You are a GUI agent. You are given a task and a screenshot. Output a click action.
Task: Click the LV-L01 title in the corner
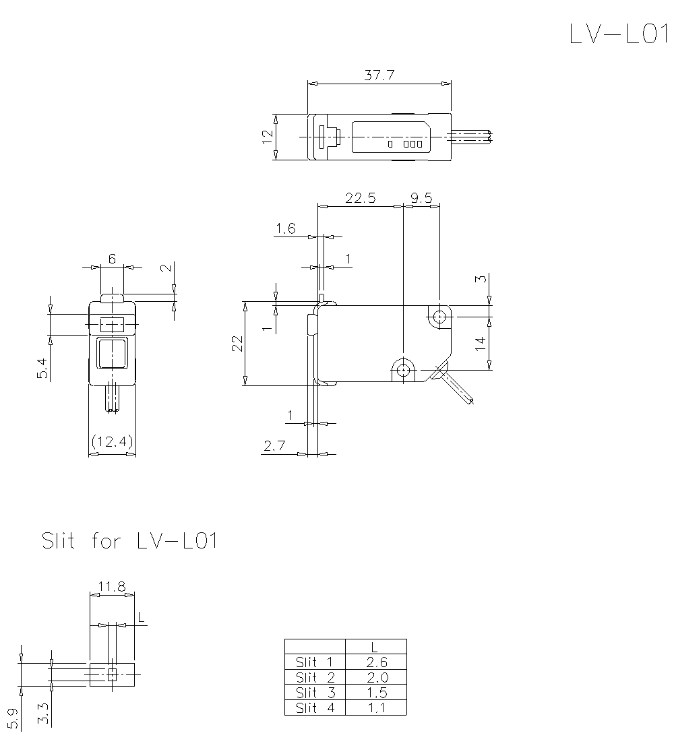pos(617,34)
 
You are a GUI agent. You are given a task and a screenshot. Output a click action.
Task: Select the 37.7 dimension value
pos(379,75)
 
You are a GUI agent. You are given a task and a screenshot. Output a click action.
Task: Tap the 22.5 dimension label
pos(360,197)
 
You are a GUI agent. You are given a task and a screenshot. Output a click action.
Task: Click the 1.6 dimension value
pos(285,229)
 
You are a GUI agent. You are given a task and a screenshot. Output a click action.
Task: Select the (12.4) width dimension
pos(113,442)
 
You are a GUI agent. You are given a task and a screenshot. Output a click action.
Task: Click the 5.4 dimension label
pos(42,369)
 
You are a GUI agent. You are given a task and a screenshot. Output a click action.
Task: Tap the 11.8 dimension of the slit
pos(112,586)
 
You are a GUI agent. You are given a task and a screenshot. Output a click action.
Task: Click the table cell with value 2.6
pos(375,662)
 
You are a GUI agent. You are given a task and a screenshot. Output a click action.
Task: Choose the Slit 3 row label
pos(315,693)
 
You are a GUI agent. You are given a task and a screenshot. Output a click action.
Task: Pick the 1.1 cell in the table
pos(375,707)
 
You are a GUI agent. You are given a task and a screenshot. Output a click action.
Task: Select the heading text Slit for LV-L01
pos(130,541)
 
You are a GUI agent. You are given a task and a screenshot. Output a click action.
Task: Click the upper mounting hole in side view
pos(439,315)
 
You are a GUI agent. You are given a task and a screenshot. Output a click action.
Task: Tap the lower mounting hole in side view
pos(403,370)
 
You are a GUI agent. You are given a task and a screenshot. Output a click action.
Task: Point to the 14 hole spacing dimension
pos(480,344)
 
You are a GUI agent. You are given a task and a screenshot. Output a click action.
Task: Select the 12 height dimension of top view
pos(268,136)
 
